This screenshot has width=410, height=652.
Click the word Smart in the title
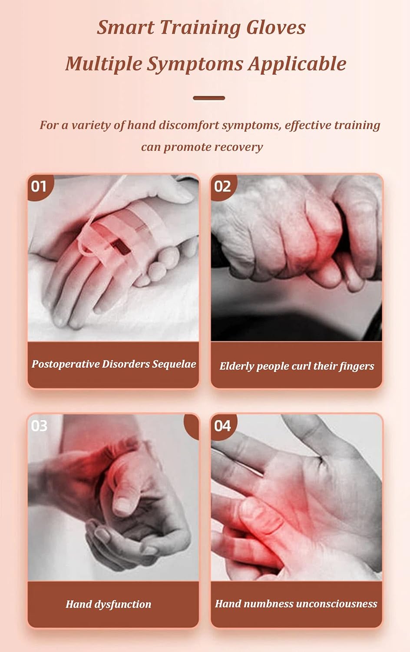(126, 27)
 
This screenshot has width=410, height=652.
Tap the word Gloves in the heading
(276, 27)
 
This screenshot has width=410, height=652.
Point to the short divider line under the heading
(209, 98)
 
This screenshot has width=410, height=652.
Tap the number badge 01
(39, 186)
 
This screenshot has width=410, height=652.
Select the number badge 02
(222, 186)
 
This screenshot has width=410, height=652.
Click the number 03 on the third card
(39, 426)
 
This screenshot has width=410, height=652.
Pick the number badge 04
(222, 426)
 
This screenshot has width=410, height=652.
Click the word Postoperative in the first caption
(65, 364)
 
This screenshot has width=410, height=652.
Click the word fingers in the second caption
(357, 366)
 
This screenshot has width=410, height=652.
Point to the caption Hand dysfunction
(109, 604)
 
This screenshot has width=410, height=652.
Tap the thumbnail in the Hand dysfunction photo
(123, 505)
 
